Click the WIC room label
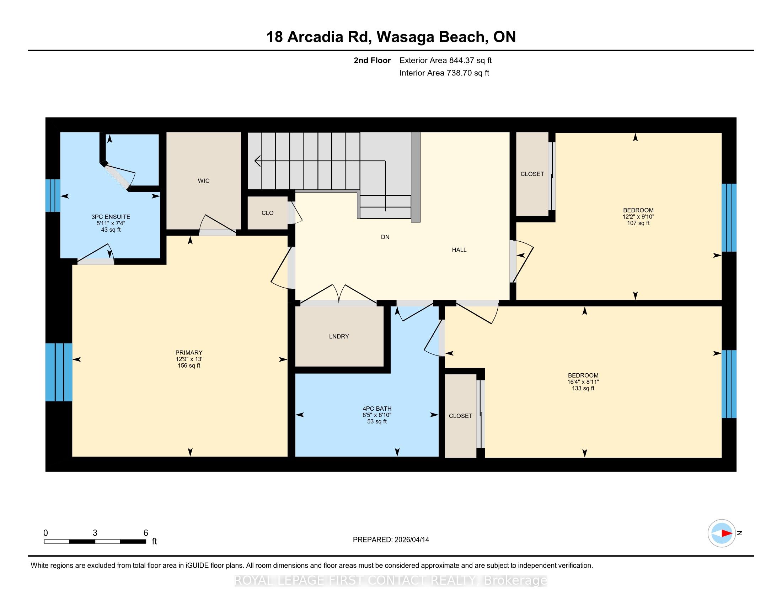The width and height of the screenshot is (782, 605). tap(203, 181)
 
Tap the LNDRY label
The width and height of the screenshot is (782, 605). tap(339, 337)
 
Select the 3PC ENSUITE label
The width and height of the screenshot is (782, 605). tap(111, 217)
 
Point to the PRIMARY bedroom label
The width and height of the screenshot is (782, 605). tap(189, 353)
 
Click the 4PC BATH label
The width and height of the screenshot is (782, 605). tap(377, 409)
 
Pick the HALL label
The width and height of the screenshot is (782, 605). tap(459, 250)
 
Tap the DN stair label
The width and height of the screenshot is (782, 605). tap(385, 237)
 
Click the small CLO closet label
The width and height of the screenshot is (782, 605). tap(267, 213)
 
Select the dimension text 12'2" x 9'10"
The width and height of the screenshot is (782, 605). tap(638, 217)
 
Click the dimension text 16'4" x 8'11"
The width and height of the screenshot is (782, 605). tap(583, 382)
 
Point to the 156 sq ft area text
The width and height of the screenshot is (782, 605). tap(189, 365)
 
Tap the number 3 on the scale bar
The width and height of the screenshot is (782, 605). tap(95, 533)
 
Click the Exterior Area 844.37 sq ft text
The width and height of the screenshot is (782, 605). tap(445, 60)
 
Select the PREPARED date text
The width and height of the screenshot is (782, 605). tap(391, 540)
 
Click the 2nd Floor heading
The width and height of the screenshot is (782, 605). tap(372, 60)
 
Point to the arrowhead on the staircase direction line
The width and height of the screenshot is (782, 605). tap(257, 161)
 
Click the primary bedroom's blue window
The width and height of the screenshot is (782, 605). tap(59, 372)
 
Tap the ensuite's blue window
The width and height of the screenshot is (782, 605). tap(53, 195)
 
